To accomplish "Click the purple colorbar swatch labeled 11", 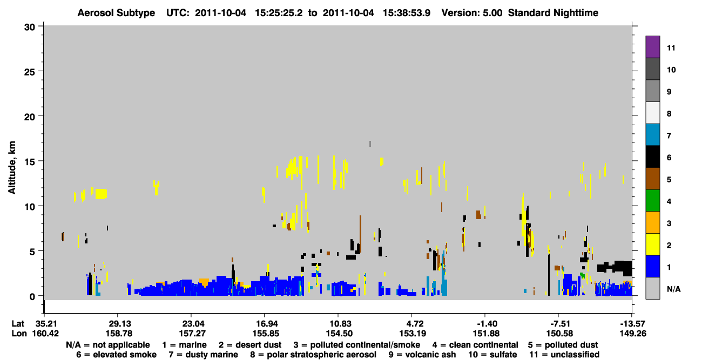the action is tap(652, 46).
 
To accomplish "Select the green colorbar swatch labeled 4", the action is tap(652, 201).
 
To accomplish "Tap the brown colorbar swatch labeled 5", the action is tap(652, 179).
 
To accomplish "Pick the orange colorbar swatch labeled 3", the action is tap(652, 222).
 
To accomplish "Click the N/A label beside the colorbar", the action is tap(673, 289).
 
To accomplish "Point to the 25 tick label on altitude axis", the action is tap(30, 72).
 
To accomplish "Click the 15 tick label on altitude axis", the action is tap(30, 162).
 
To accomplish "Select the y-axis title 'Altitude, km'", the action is tap(11, 168).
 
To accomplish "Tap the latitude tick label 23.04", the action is tap(192, 324).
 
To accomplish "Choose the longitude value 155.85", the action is tap(266, 334).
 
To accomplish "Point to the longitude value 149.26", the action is tap(633, 334).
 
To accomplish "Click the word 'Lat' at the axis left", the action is tap(18, 324).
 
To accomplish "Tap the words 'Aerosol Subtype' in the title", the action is tap(116, 13).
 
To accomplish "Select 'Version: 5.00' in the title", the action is tap(472, 13).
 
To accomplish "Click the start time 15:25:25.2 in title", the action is tap(279, 13).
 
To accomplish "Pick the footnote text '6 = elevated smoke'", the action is tap(116, 355).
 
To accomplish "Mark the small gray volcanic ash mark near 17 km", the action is tap(370, 144).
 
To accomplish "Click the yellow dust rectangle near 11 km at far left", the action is tap(101, 194).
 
